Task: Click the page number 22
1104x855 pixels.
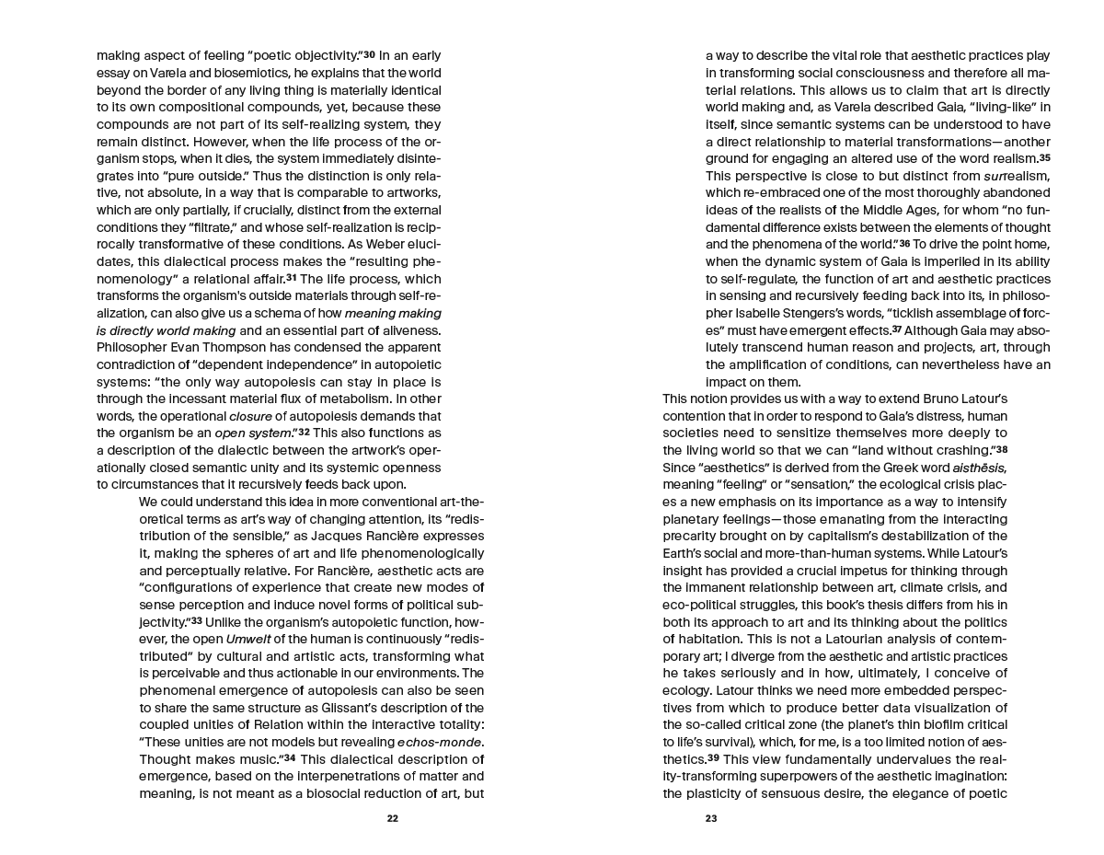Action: pyautogui.click(x=393, y=818)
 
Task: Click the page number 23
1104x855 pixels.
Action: pyautogui.click(x=711, y=818)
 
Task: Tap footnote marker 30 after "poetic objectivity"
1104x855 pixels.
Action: pyautogui.click(x=368, y=55)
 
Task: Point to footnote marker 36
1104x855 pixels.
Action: pyautogui.click(x=904, y=243)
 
